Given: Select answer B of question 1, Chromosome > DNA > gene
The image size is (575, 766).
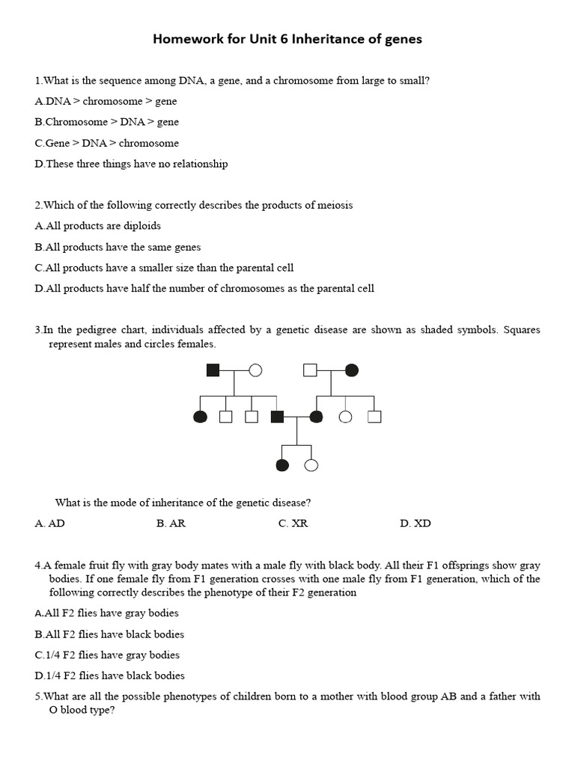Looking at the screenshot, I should (106, 122).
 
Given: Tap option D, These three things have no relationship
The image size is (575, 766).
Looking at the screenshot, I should (131, 164).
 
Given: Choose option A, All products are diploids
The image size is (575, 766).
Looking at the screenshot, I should (97, 226).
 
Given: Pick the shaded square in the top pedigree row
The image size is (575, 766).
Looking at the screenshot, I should (213, 370).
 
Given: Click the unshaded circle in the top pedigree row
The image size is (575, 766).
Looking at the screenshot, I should (255, 370).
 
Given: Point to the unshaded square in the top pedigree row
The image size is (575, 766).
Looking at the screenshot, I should (310, 370).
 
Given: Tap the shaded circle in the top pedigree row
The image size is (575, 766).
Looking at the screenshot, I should (351, 370).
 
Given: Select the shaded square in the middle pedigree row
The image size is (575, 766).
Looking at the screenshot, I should (277, 417).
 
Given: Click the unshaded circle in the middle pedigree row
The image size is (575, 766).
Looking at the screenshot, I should (345, 417).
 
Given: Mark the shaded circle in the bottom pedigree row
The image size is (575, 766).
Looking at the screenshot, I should (282, 465).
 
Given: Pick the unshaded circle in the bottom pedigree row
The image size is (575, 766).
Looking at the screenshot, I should (311, 465).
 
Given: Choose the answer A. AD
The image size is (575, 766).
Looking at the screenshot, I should (49, 524).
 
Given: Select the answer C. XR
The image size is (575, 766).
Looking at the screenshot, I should (293, 524).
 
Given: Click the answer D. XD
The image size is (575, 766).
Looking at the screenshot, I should (416, 524).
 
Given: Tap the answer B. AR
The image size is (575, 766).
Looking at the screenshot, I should (171, 524).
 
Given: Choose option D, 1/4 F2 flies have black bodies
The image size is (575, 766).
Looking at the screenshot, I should (109, 675).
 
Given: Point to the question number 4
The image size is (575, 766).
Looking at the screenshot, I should (38, 566).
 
